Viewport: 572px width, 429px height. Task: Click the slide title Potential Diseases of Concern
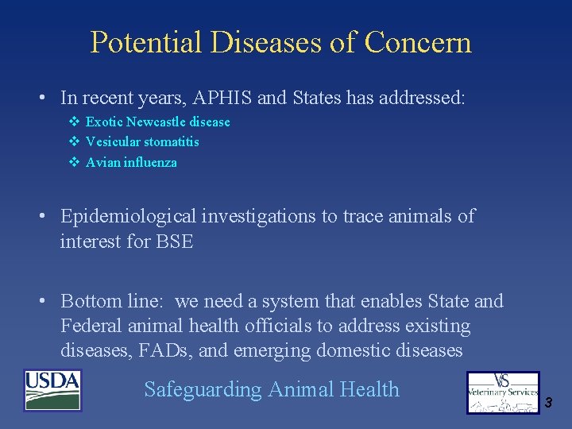[280, 42]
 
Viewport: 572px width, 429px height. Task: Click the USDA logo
[53, 391]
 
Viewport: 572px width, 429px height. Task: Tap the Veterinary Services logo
[503, 392]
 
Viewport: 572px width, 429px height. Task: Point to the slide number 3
[548, 404]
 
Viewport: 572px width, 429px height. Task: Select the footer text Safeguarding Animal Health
[272, 389]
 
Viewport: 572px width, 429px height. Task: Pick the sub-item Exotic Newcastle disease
[157, 122]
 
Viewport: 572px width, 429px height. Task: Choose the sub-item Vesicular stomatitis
[142, 141]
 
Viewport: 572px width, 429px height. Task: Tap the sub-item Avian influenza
[131, 162]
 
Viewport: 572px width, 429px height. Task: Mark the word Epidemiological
[126, 217]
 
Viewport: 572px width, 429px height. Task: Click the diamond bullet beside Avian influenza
[73, 162]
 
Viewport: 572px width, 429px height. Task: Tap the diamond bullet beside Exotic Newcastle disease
[73, 122]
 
